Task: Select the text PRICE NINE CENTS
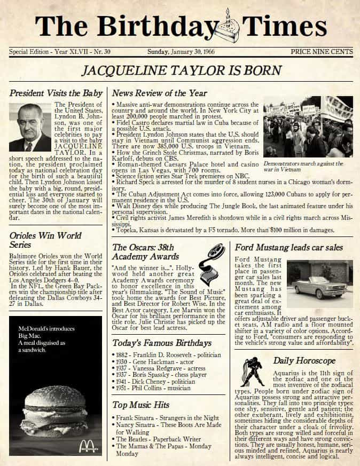click(322, 52)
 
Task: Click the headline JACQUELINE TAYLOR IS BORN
click(181, 70)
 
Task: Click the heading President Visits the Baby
click(56, 93)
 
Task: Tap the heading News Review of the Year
click(159, 93)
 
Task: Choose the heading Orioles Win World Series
click(45, 240)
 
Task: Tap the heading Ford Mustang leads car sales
click(289, 248)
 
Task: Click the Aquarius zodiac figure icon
click(252, 372)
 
